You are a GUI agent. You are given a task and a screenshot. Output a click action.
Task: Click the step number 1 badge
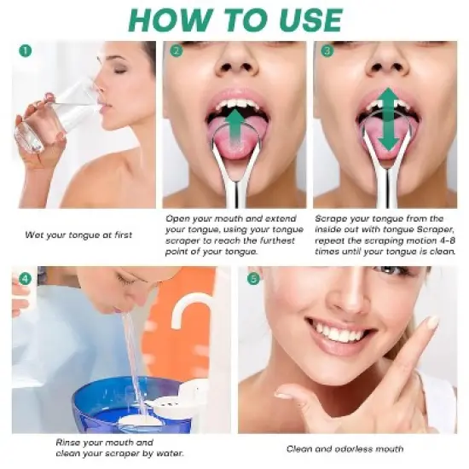coord(24,51)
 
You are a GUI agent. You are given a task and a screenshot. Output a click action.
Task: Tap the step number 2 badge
coord(177,51)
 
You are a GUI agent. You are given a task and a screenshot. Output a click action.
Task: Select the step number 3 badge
coord(326,51)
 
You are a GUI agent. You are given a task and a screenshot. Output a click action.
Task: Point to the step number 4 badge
coord(25,278)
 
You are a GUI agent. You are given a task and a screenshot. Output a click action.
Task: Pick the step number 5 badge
coord(252,278)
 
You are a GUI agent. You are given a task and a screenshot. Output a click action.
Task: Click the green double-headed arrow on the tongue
coord(388,119)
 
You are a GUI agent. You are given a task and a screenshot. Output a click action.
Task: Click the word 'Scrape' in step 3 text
coord(333,219)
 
